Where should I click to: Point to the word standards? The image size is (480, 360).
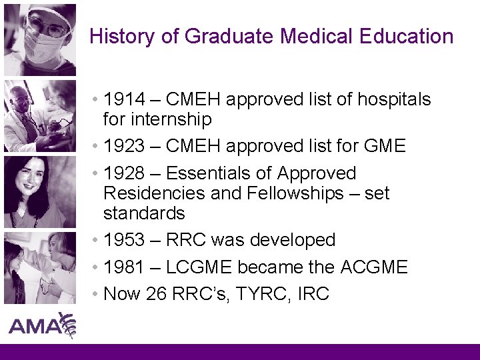point(144,214)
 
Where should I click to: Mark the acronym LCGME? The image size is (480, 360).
point(199,267)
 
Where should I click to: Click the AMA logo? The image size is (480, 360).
point(41,326)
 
